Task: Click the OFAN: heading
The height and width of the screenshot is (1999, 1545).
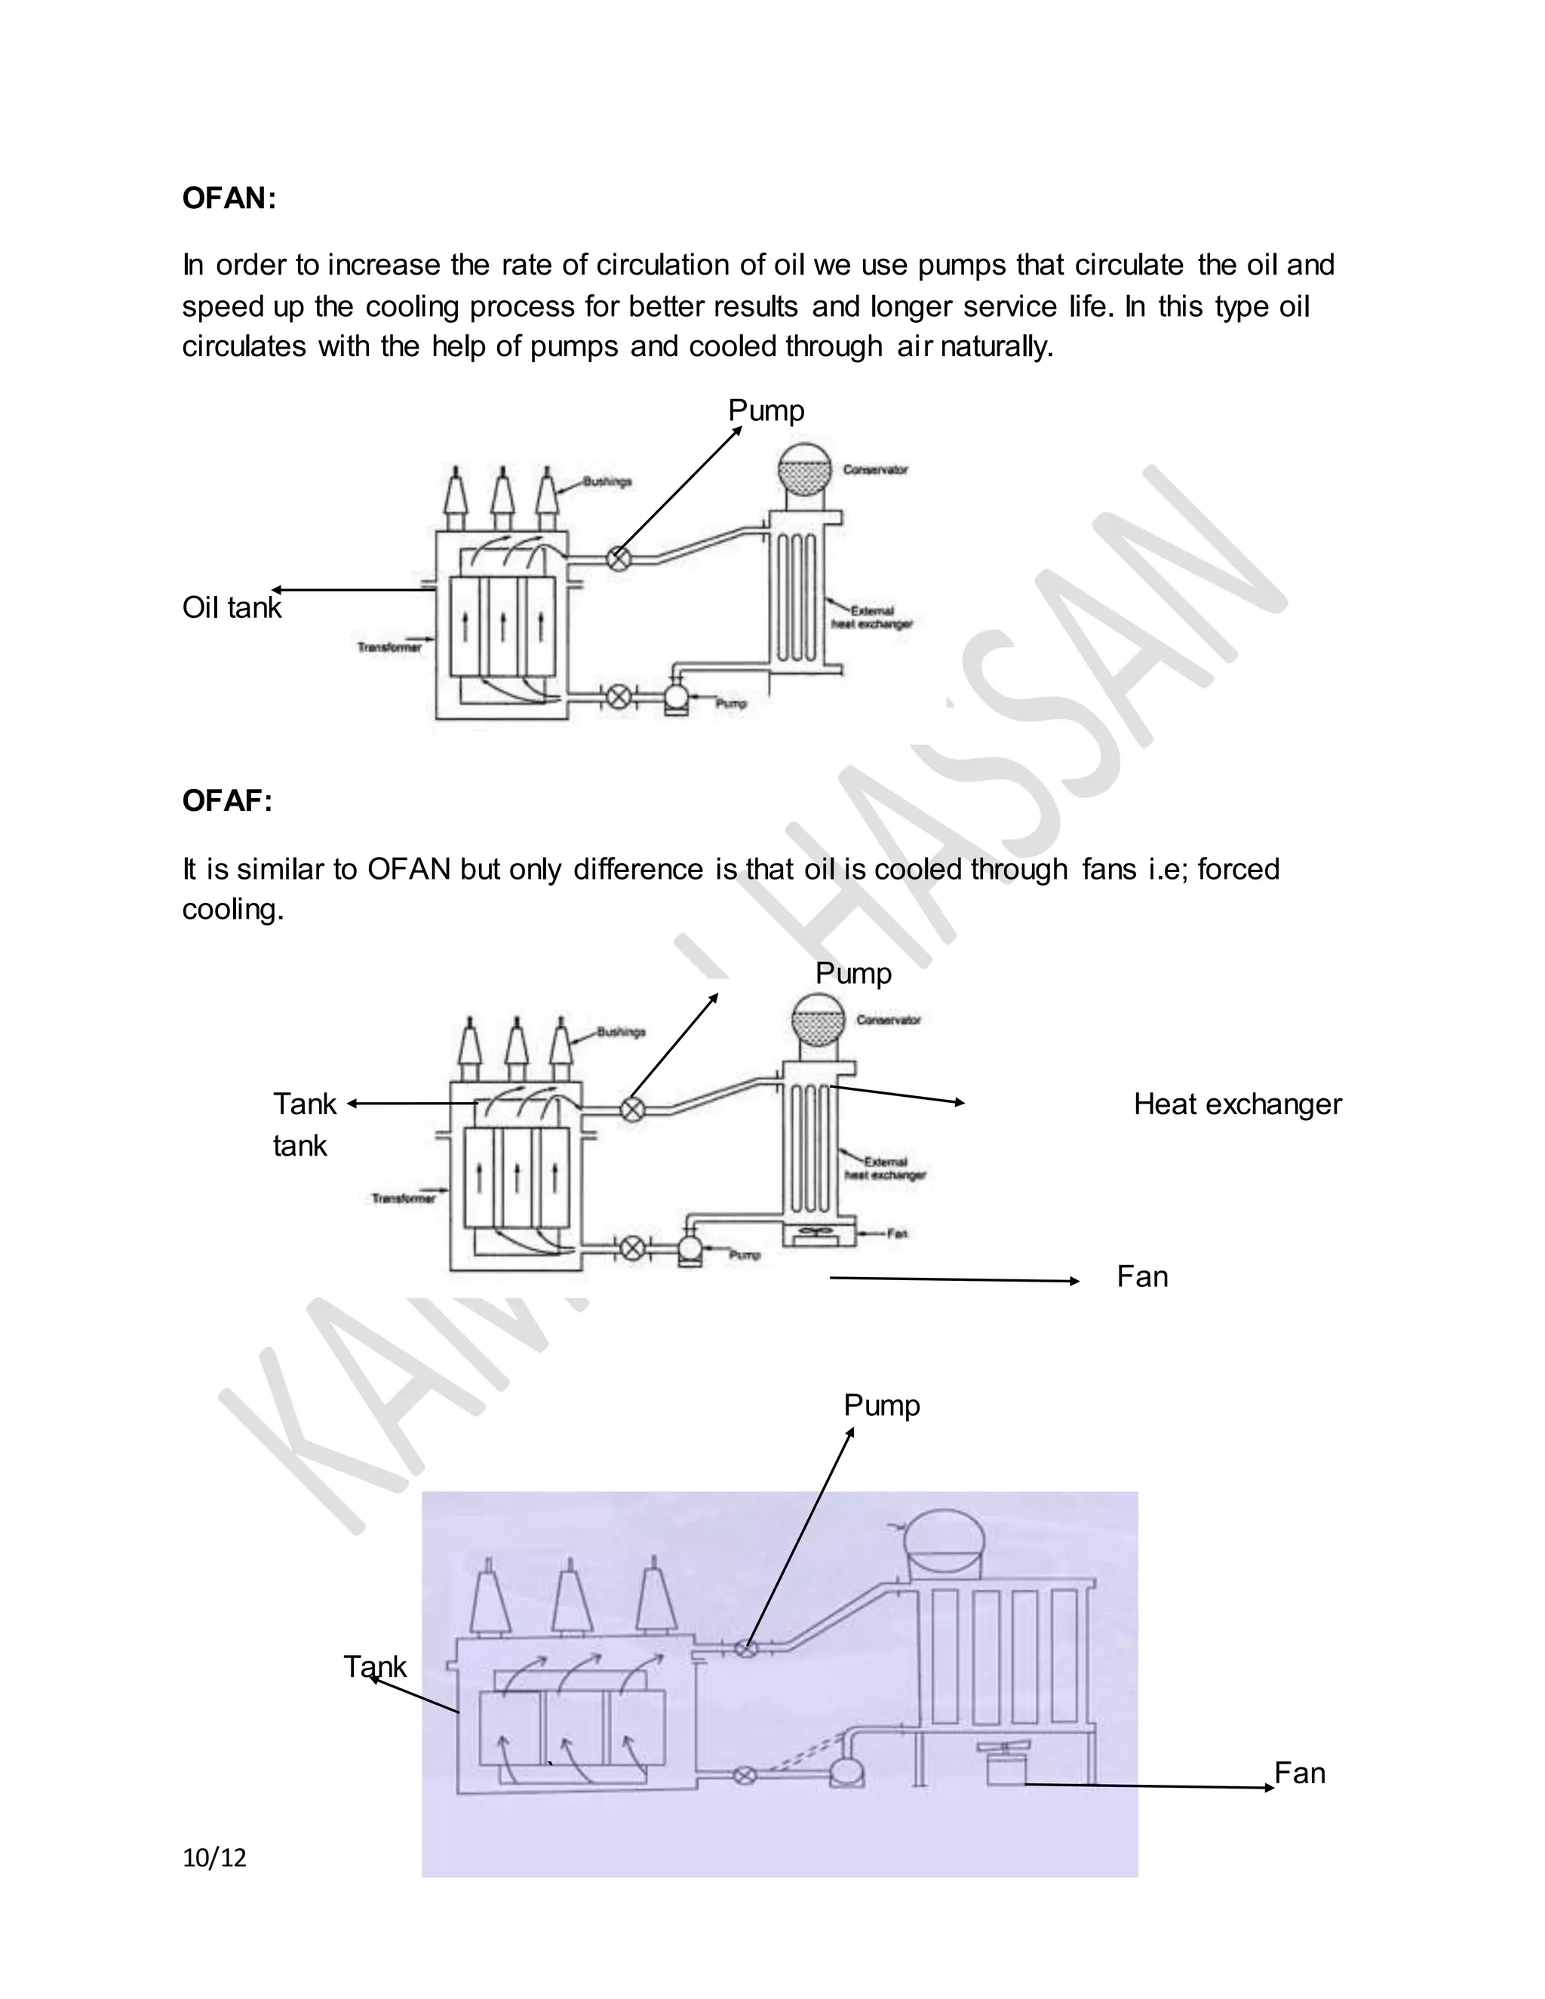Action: point(228,198)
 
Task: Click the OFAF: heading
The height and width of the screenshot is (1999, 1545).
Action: point(227,801)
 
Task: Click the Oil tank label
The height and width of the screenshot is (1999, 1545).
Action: point(232,608)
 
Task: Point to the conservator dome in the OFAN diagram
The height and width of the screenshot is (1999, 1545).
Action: point(803,471)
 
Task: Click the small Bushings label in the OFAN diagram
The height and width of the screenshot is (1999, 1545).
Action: point(608,481)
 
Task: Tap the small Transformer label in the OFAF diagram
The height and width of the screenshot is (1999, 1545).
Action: point(404,1198)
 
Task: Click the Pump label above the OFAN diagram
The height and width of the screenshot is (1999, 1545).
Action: point(766,410)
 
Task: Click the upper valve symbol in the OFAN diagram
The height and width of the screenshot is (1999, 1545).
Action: point(619,557)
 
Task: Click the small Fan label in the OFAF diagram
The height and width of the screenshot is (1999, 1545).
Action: point(897,1234)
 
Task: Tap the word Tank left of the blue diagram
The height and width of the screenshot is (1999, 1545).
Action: point(374,1667)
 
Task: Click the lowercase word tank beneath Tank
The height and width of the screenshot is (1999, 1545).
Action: point(299,1146)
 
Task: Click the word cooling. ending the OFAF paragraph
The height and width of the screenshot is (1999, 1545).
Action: point(232,909)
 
